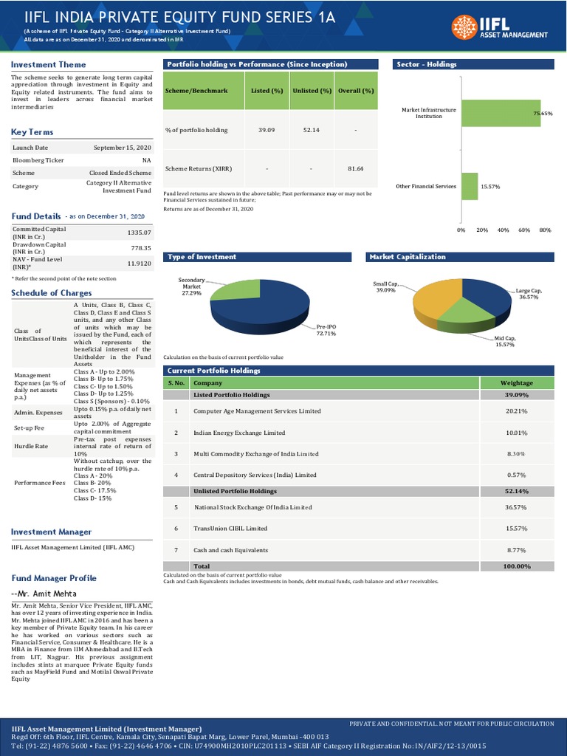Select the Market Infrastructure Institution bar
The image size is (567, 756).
click(501, 113)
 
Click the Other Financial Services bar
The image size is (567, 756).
click(469, 187)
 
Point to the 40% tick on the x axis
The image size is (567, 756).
click(504, 230)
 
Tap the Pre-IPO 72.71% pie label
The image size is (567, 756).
click(326, 329)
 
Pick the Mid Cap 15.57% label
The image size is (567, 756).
click(504, 341)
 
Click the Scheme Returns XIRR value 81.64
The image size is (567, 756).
click(355, 169)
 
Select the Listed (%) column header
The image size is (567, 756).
click(267, 91)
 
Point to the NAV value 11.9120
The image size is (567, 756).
click(139, 264)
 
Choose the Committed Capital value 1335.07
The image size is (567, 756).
click(139, 233)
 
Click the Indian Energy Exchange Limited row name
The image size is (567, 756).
click(239, 433)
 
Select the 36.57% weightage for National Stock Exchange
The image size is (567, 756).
click(516, 507)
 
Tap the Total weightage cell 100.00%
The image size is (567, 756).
click(516, 566)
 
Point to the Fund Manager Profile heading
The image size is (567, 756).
click(54, 578)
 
